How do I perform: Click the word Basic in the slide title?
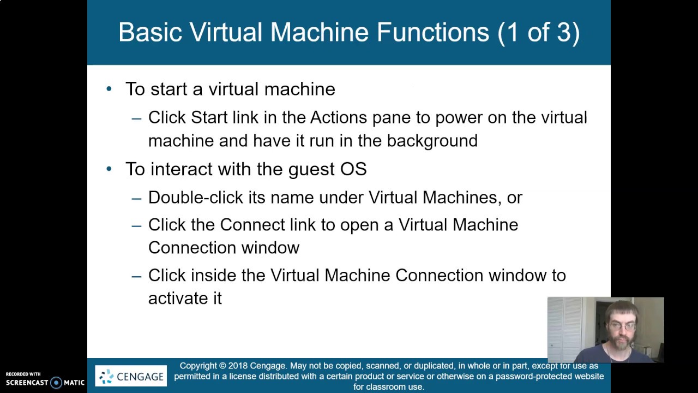pos(149,32)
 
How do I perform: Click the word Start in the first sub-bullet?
pos(209,117)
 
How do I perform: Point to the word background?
pos(432,141)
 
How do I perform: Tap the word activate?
pos(177,299)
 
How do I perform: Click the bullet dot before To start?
pos(109,88)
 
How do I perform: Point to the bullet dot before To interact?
pos(109,169)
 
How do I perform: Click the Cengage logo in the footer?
pos(131,376)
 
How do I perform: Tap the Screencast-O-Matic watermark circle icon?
pos(56,383)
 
